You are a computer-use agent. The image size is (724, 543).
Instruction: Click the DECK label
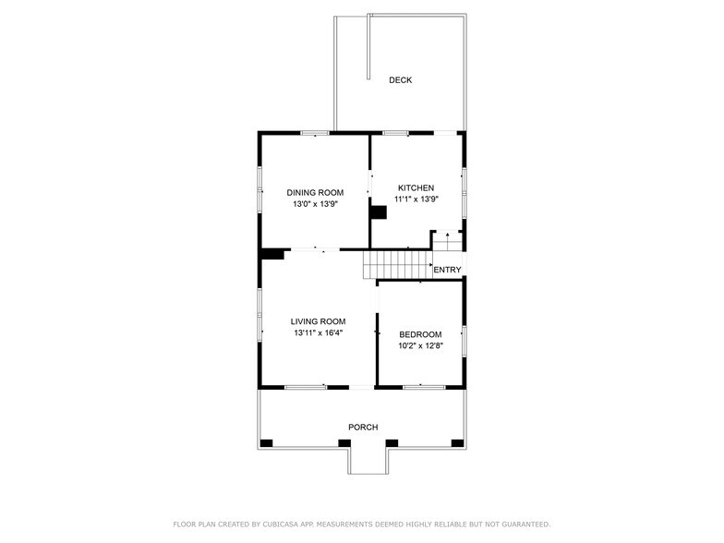pos(400,80)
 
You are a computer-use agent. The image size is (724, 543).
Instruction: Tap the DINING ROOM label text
pos(314,193)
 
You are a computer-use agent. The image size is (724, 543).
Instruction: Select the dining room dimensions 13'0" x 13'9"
pos(314,204)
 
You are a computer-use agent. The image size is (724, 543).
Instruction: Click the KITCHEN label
pos(415,187)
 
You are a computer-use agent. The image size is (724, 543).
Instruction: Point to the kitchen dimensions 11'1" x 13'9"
pos(416,199)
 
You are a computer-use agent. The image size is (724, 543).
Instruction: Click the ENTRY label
pos(447,270)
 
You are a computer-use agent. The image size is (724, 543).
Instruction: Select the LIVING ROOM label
pos(318,321)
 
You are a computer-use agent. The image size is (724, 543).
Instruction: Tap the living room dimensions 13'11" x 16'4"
pos(318,332)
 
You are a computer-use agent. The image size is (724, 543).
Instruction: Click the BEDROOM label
pos(420,334)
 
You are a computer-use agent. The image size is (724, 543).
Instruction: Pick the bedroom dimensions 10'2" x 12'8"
pos(420,345)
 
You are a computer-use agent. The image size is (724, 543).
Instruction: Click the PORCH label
pos(363,427)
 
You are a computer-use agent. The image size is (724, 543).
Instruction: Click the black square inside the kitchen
pos(378,212)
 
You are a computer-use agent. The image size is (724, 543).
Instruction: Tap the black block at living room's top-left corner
pos(272,254)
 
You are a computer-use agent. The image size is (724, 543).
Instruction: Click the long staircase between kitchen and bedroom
pos(397,264)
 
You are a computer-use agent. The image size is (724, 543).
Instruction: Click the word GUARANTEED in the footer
pos(522,525)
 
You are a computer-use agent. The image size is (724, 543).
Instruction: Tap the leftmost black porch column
pos(266,443)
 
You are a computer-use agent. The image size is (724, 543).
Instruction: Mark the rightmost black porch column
pos(458,443)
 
